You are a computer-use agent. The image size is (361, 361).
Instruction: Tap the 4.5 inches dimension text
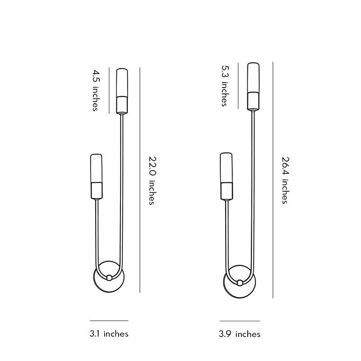pyautogui.click(x=96, y=90)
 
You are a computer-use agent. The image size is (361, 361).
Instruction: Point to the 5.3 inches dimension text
pyautogui.click(x=225, y=86)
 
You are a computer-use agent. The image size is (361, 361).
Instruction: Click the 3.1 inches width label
pyautogui.click(x=109, y=334)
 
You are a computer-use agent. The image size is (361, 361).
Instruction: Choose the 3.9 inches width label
pyautogui.click(x=240, y=334)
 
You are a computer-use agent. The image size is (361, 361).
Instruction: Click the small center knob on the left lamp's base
pyautogui.click(x=109, y=278)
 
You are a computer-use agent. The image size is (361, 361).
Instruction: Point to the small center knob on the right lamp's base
pyautogui.click(x=240, y=283)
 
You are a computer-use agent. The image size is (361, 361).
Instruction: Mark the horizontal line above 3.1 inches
pyautogui.click(x=109, y=320)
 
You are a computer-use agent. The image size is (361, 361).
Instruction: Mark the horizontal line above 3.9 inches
pyautogui.click(x=240, y=321)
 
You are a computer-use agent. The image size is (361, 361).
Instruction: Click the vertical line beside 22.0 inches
pyautogui.click(x=140, y=180)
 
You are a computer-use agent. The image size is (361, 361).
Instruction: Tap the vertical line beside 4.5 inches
pyautogui.click(x=110, y=90)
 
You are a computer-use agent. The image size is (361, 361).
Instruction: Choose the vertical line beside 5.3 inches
pyautogui.click(x=238, y=85)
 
